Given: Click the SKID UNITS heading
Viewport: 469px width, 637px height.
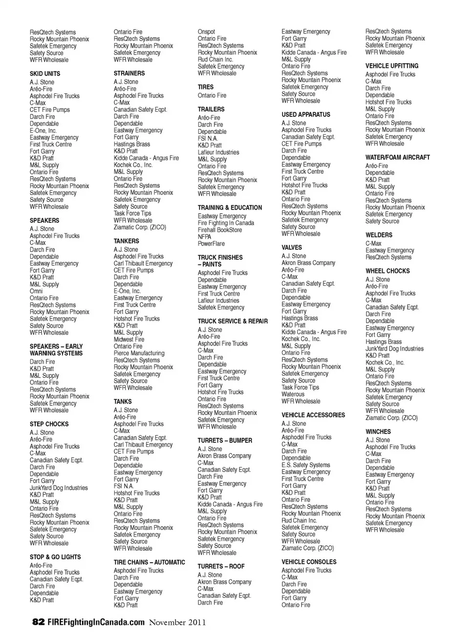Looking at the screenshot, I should coord(45,73).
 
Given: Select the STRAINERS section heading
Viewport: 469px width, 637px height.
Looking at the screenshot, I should coord(129,73).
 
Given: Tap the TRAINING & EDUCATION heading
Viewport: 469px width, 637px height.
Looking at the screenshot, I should coord(230,207).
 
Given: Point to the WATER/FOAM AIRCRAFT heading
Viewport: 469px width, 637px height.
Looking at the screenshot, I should coord(398,157).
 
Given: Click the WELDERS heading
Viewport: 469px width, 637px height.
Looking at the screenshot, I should coord(379,235).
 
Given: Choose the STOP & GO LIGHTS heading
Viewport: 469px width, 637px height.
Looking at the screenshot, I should coord(55,557).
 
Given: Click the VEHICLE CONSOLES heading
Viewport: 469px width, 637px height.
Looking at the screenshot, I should coord(309,562).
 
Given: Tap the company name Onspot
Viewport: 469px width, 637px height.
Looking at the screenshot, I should coord(206,32).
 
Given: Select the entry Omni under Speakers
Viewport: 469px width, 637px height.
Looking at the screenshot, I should coord(36,291).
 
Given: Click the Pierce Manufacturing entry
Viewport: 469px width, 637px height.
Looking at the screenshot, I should coord(139,353).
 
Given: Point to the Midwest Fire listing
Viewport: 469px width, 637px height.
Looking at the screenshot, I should coord(129,339).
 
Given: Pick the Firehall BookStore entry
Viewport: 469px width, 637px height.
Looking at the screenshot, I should coord(219,230).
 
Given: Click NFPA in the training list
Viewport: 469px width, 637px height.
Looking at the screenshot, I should coord(204,237).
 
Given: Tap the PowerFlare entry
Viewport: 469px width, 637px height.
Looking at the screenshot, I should coord(211,243).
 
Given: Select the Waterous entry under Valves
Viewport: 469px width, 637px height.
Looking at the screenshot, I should coord(293,394).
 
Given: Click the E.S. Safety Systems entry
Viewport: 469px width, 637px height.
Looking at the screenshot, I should coord(306,465).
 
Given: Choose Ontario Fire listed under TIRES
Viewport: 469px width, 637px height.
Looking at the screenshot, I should coord(212,95).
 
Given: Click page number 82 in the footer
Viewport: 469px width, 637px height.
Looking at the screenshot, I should coord(38,622).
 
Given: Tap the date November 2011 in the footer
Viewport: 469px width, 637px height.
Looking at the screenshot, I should coord(177,622).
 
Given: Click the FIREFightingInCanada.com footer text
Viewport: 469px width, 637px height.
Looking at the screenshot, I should coord(96,622).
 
